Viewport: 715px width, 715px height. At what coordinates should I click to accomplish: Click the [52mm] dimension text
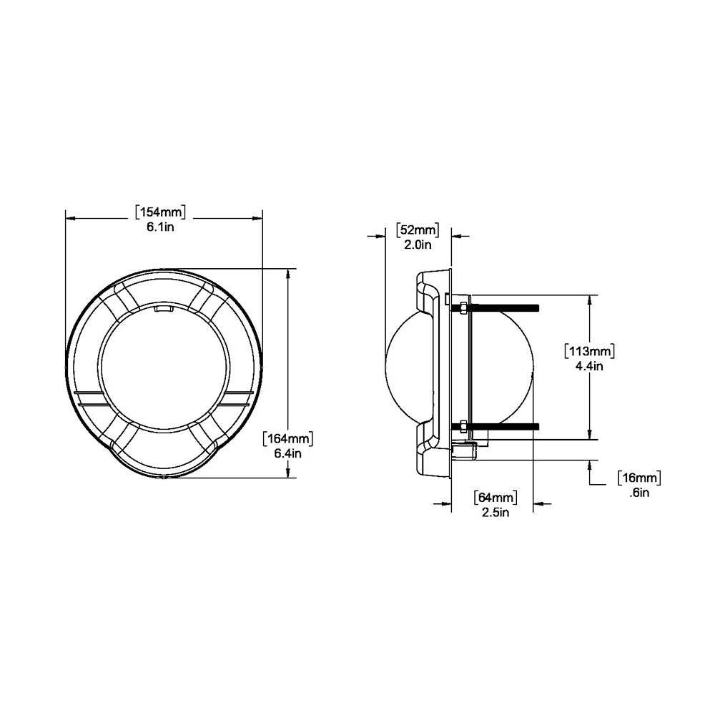point(418,230)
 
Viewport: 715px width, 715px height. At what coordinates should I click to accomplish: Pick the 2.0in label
point(418,245)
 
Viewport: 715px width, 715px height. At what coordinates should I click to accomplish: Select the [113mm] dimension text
point(590,351)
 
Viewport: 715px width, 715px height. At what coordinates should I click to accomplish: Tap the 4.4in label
point(590,366)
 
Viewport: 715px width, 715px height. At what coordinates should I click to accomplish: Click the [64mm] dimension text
point(494,498)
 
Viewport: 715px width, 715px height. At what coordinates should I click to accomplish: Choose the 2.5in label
point(494,512)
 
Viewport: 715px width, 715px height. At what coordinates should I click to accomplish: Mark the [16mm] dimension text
point(638,478)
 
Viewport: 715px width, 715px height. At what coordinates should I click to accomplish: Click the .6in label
point(638,492)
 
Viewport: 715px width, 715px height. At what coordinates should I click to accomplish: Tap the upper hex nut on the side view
point(463,307)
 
